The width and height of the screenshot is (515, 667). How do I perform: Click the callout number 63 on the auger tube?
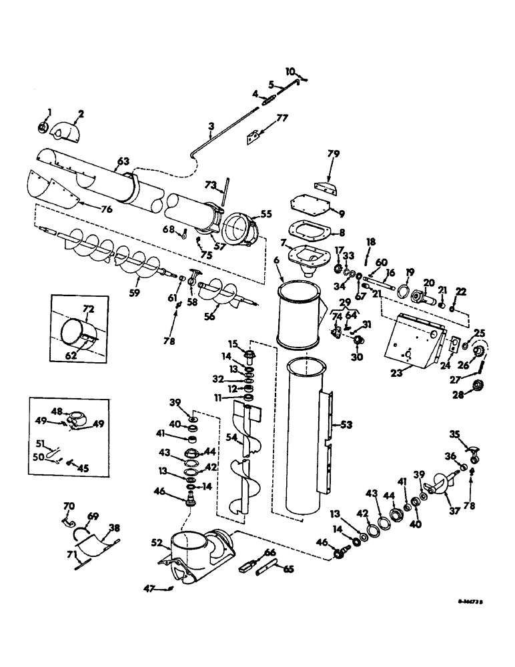click(122, 162)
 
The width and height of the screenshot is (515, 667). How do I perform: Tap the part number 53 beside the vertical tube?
click(344, 424)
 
